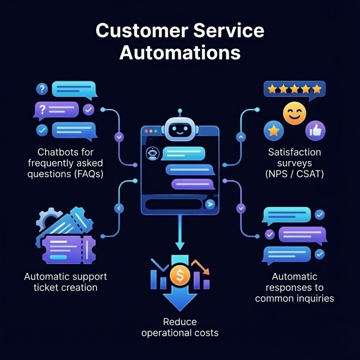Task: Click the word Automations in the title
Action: pyautogui.click(x=180, y=52)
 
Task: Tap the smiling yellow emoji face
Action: pyautogui.click(x=294, y=113)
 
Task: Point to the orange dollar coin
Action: pyautogui.click(x=180, y=276)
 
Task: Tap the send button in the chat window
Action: pyautogui.click(x=210, y=204)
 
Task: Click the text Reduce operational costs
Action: pyautogui.click(x=180, y=327)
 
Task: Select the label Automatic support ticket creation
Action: pyautogui.click(x=66, y=282)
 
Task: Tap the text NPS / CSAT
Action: pyautogui.click(x=295, y=174)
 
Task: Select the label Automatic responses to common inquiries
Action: pyautogui.click(x=295, y=287)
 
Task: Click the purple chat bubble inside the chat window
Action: pyautogui.click(x=193, y=184)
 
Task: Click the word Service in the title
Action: pyautogui.click(x=229, y=30)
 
